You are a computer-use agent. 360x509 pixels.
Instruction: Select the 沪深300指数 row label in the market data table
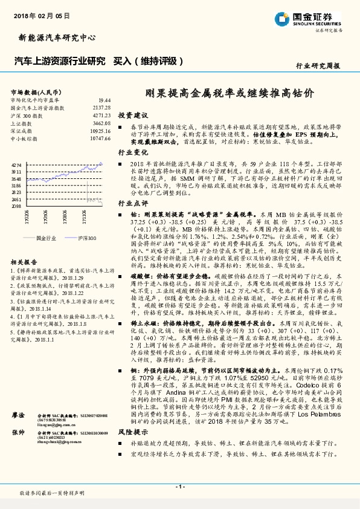coord(27,115)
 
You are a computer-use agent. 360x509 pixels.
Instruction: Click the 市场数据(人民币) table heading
coord(37,91)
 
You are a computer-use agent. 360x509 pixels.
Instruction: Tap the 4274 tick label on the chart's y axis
coord(16,164)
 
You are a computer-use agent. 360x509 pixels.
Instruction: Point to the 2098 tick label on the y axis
coord(16,206)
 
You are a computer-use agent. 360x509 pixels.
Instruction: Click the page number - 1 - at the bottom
coord(180,487)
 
